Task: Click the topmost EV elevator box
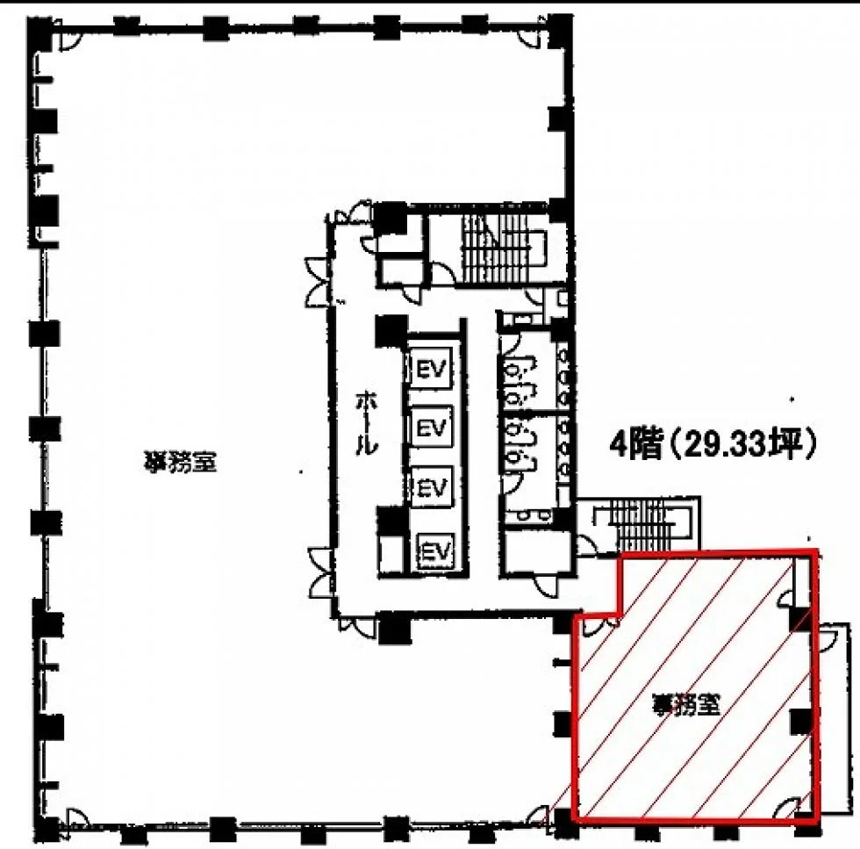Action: click(432, 369)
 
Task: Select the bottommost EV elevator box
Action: click(436, 550)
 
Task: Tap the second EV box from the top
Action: click(432, 428)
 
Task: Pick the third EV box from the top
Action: click(432, 486)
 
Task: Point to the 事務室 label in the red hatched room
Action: click(685, 704)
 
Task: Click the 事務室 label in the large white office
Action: click(180, 462)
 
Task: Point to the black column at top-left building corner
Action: click(39, 33)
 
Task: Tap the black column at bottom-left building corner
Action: click(46, 830)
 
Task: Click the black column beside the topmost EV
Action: click(391, 331)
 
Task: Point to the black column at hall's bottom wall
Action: click(394, 627)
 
